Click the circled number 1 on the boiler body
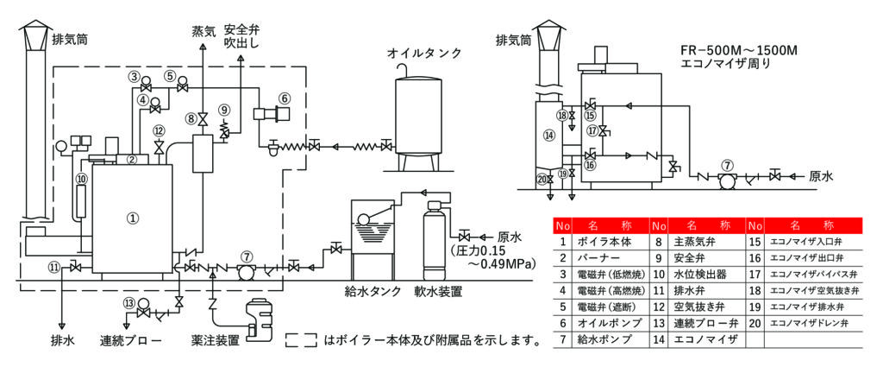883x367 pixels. (133, 218)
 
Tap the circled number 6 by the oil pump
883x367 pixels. (285, 98)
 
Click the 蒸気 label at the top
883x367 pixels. (203, 33)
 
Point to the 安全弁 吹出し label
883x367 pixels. (241, 35)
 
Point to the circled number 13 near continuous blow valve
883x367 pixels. (129, 303)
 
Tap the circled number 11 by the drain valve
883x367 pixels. (55, 267)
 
